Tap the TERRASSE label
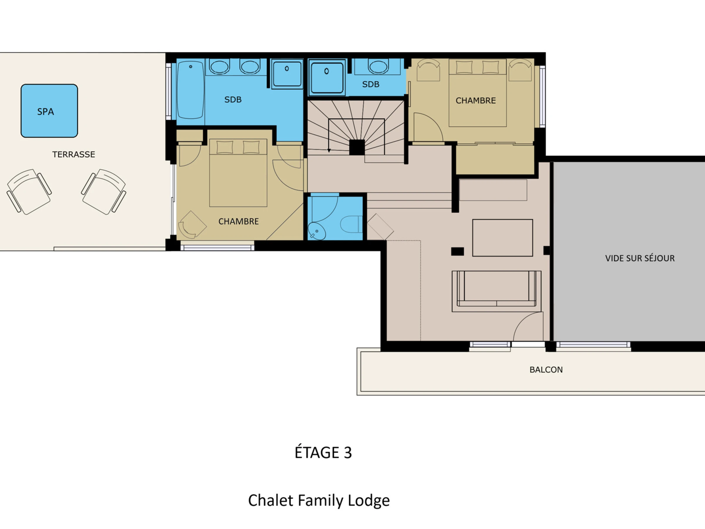tap(74, 154)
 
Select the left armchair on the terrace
tap(29, 192)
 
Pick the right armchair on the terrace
tap(104, 192)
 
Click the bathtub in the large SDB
tap(190, 90)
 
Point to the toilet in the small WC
tap(352, 224)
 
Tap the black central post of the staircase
tap(357, 147)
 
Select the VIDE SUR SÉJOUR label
tap(640, 258)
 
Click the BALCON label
tap(546, 370)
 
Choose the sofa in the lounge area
tap(496, 291)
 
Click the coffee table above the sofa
tap(503, 238)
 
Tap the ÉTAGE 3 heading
tap(323, 452)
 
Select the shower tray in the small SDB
tap(327, 78)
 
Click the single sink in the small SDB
tap(378, 66)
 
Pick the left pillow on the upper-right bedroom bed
tap(464, 67)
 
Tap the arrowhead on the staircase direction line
tap(329, 150)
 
